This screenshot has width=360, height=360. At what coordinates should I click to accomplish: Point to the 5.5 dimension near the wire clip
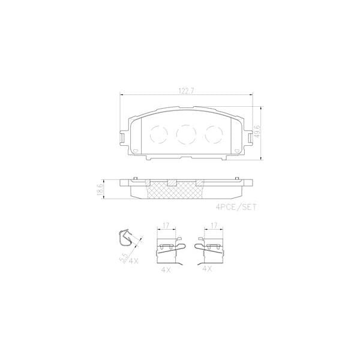(x=124, y=257)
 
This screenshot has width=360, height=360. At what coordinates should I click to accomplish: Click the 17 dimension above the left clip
(x=166, y=226)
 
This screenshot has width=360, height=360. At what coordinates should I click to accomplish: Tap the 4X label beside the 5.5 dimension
(x=133, y=261)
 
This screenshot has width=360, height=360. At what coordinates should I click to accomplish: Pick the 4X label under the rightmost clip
(x=208, y=270)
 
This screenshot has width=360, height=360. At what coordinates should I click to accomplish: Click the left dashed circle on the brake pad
(x=158, y=134)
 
